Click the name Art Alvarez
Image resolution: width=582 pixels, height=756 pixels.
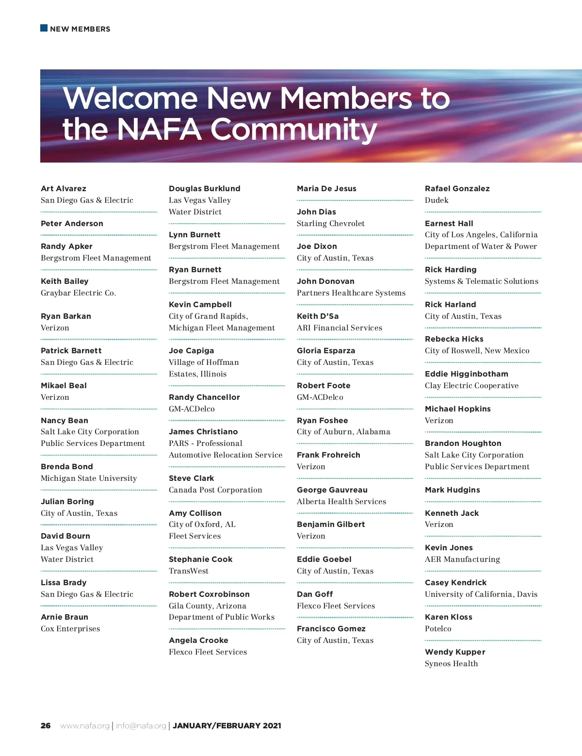(x=64, y=189)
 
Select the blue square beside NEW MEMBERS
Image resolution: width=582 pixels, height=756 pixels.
(x=44, y=28)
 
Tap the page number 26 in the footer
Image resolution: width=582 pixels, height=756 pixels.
(x=46, y=726)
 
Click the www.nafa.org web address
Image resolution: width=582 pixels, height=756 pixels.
(x=85, y=726)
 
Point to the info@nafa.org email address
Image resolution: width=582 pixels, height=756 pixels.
(x=141, y=726)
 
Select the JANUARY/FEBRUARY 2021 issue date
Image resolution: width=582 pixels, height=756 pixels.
(x=227, y=726)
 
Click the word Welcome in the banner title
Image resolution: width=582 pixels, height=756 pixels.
(x=130, y=99)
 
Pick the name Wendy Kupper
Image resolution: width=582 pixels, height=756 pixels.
(x=455, y=652)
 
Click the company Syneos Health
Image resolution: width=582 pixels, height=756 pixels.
(x=451, y=664)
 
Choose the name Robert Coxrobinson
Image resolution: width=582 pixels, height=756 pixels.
(x=209, y=594)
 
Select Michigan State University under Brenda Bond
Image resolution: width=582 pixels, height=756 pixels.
(x=89, y=478)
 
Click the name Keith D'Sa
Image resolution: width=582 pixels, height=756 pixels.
(x=318, y=316)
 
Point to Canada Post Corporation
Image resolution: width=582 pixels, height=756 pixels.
(x=215, y=490)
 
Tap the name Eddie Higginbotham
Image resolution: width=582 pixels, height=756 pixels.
(x=467, y=374)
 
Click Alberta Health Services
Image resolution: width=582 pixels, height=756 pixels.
(x=341, y=502)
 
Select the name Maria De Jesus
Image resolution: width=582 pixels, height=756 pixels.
(x=326, y=189)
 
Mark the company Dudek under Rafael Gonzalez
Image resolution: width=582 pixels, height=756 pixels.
(x=436, y=200)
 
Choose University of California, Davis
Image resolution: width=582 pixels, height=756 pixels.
(x=481, y=594)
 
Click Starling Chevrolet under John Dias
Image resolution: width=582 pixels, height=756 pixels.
(x=331, y=224)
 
